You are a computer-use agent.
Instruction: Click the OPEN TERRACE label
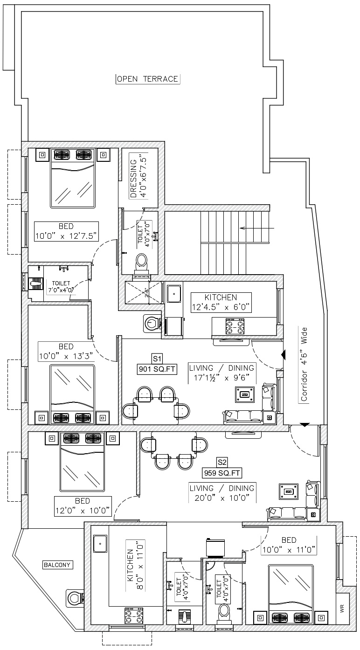pyautogui.click(x=148, y=79)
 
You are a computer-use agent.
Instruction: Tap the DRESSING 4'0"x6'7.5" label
pyautogui.click(x=138, y=178)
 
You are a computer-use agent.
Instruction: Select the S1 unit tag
pyautogui.click(x=157, y=359)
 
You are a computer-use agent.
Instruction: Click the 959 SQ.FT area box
pyautogui.click(x=222, y=473)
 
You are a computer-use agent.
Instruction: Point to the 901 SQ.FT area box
pyautogui.click(x=157, y=369)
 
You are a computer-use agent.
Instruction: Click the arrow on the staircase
pyautogui.click(x=257, y=228)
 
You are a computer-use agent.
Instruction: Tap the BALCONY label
pyautogui.click(x=57, y=565)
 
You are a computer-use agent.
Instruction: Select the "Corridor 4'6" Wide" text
pyautogui.click(x=304, y=365)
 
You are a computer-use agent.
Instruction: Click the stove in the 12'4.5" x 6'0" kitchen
pyautogui.click(x=235, y=326)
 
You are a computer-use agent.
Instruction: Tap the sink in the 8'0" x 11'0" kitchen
pyautogui.click(x=100, y=544)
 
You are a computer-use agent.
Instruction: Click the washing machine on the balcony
pyautogui.click(x=74, y=598)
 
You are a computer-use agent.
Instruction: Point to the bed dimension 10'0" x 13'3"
pyautogui.click(x=66, y=356)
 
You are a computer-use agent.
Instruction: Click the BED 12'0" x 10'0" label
pyautogui.click(x=83, y=506)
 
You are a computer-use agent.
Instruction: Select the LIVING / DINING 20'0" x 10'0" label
pyautogui.click(x=222, y=493)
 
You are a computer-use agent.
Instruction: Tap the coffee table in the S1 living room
pyautogui.click(x=245, y=394)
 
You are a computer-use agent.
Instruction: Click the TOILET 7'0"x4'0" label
pyautogui.click(x=61, y=286)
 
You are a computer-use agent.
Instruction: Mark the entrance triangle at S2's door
pyautogui.click(x=305, y=425)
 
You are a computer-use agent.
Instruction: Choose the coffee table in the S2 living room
pyautogui.click(x=289, y=491)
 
